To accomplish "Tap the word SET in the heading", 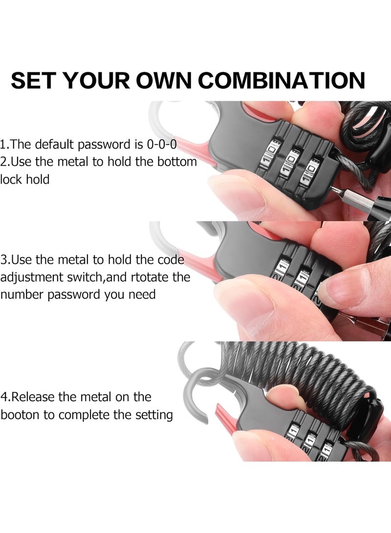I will coord(34,80).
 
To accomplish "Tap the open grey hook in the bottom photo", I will coord(195,391).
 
